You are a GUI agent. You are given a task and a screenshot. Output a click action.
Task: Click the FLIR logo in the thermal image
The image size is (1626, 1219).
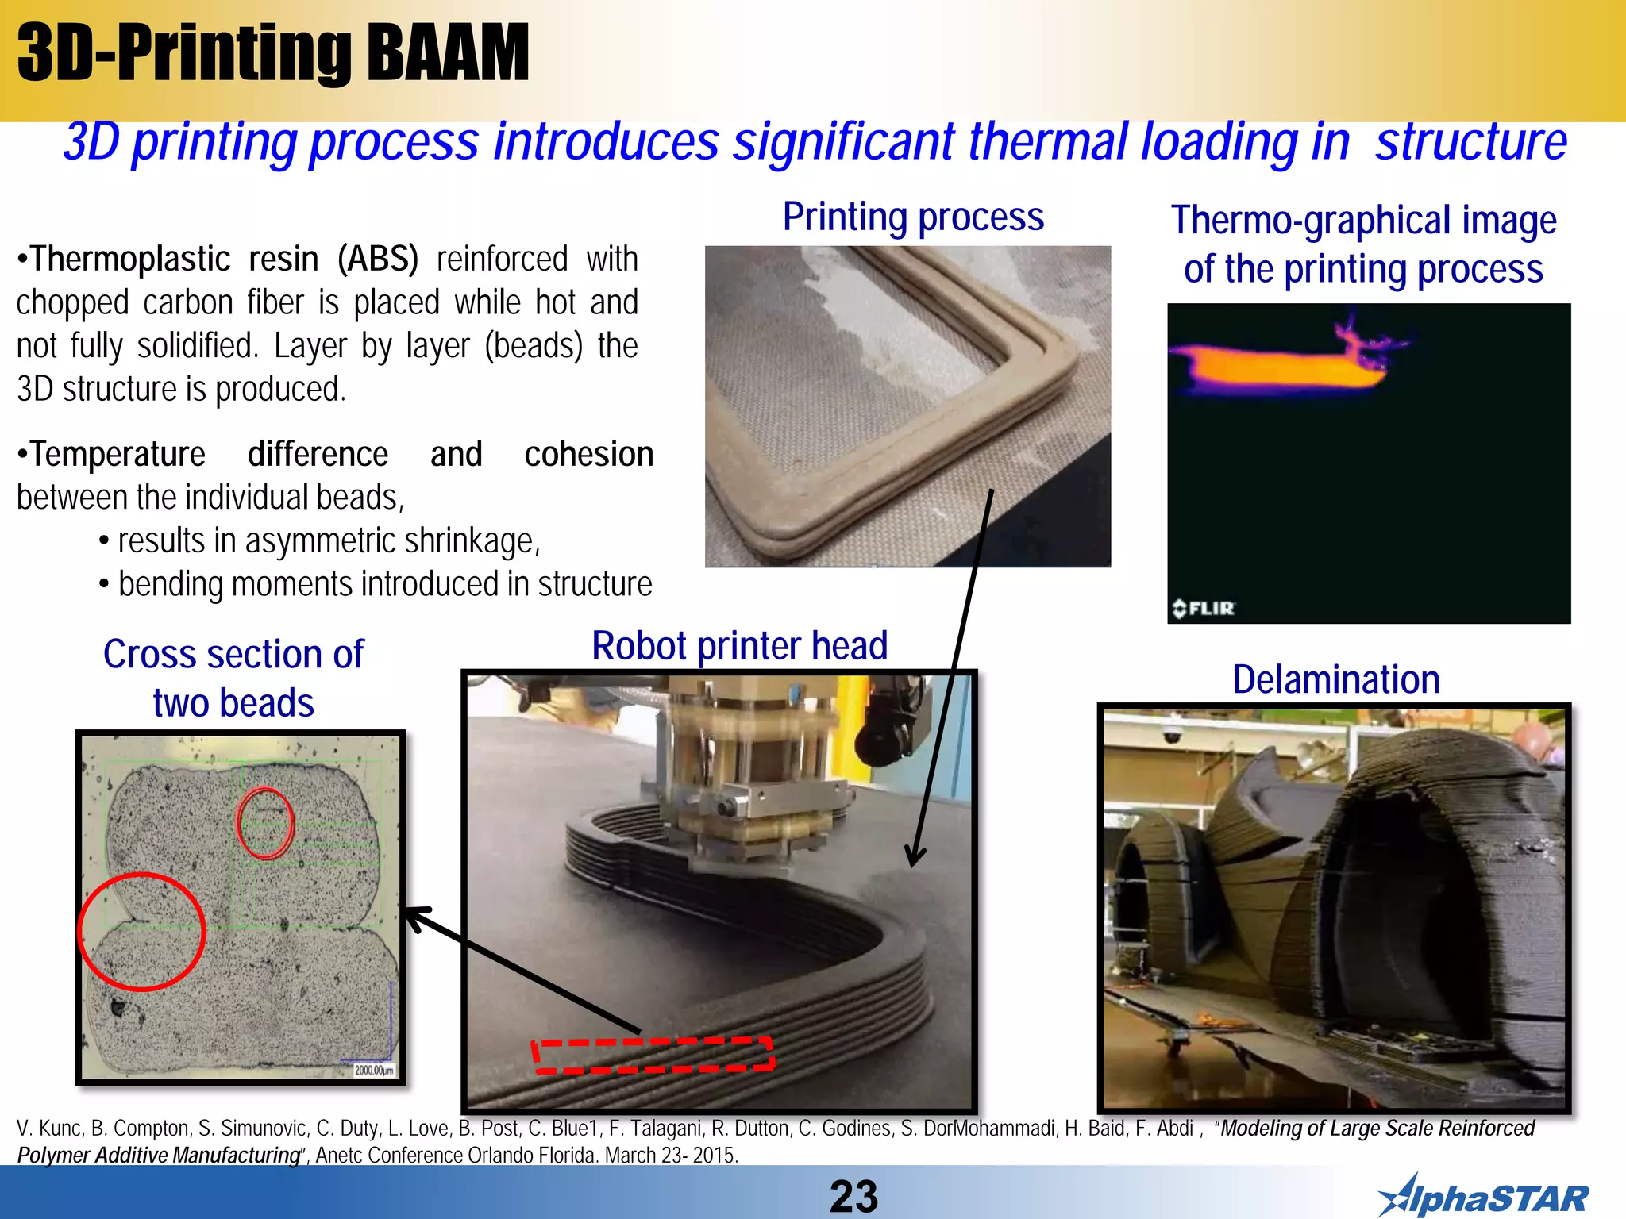[x=1204, y=609]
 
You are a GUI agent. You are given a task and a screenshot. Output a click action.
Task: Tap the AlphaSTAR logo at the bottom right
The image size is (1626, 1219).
[x=1483, y=1197]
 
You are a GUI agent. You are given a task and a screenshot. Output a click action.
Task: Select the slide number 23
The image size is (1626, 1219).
[x=853, y=1196]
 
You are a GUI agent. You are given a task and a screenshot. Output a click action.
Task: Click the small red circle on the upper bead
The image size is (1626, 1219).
[x=265, y=823]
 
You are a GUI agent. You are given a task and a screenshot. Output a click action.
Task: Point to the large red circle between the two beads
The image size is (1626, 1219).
[x=142, y=932]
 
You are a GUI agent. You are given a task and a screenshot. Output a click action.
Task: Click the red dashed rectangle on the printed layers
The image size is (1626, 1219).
[x=653, y=1055]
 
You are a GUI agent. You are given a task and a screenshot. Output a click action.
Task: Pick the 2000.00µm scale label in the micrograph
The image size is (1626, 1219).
[x=373, y=1070]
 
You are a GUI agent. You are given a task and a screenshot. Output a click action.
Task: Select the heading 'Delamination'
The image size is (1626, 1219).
[x=1335, y=680]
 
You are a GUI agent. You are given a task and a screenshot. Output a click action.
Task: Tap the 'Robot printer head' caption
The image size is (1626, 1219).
[x=739, y=646]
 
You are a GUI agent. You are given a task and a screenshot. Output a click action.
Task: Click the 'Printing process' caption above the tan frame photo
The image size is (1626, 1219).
[x=913, y=217]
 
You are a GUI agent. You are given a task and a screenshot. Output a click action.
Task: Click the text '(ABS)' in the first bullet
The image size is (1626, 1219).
[x=378, y=260]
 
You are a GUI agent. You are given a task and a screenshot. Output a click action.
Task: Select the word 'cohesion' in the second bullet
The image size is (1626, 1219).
[x=588, y=455]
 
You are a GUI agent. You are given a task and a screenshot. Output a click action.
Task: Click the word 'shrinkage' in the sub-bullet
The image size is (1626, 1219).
[x=469, y=541]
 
